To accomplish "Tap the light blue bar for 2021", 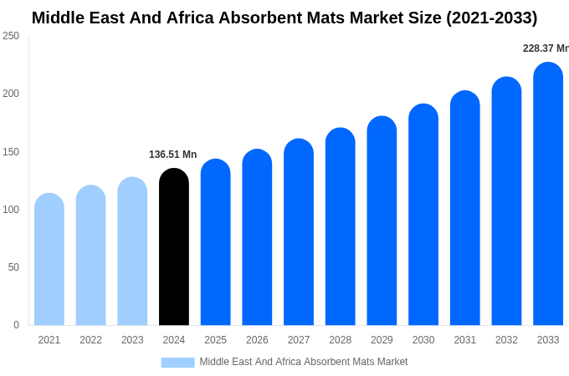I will coord(49,260).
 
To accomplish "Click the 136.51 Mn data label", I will coord(172,155).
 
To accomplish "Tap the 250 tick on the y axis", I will coord(11,36).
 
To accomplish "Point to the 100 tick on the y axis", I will coord(11,210).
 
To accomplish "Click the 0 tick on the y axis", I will coord(16,325).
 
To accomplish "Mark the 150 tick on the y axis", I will coord(11,152).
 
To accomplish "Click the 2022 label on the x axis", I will coord(90,340).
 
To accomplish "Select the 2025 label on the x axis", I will coord(215,340).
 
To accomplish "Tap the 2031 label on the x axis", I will coord(464,340).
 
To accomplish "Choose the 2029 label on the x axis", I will coord(382,340).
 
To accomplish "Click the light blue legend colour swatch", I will coord(177,363).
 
